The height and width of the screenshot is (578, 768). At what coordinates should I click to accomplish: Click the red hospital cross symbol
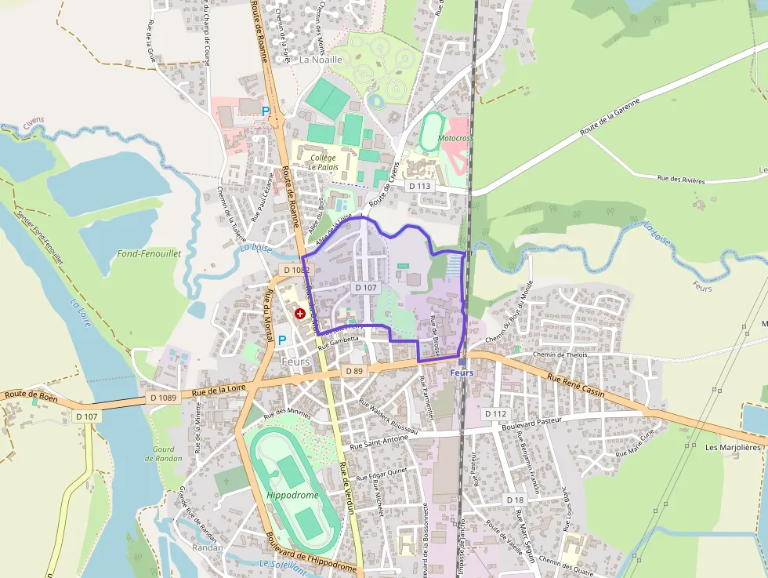[300, 314]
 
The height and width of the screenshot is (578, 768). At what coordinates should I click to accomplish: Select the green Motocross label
[455, 138]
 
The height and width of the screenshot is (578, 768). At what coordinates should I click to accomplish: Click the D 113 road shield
[420, 186]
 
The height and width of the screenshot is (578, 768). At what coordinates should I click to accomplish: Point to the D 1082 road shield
[297, 270]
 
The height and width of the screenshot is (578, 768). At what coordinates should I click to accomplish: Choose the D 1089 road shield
[164, 398]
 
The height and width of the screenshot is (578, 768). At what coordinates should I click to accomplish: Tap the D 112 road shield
[496, 413]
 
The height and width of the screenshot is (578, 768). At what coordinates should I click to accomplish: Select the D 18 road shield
[515, 500]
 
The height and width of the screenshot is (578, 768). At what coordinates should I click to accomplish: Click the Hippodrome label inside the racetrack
[292, 496]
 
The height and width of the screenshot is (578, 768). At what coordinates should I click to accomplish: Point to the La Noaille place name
[322, 59]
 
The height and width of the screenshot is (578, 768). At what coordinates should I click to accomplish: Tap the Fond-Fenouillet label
[149, 254]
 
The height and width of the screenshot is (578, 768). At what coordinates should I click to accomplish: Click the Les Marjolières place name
[733, 448]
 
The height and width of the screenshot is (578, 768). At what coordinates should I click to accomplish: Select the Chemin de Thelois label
[560, 354]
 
